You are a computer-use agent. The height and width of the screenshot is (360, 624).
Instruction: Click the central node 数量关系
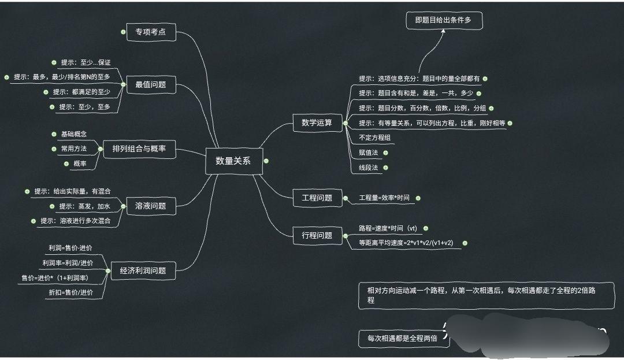tap(233, 161)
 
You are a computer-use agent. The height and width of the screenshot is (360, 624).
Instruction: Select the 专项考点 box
tap(150, 32)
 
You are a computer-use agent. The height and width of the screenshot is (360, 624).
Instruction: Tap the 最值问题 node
tap(150, 84)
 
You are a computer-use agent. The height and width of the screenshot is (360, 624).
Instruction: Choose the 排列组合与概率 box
tap(139, 149)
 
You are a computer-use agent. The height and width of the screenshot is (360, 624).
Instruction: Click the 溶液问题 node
tap(150, 206)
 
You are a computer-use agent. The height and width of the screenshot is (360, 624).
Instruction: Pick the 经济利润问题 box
tap(143, 270)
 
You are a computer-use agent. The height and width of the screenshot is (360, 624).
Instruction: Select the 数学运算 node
tap(317, 123)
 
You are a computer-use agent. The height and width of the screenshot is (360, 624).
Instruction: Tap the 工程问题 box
tap(317, 198)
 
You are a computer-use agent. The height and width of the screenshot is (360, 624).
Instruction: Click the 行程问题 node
tap(317, 235)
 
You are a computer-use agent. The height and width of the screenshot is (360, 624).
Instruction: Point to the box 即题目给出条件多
tap(443, 20)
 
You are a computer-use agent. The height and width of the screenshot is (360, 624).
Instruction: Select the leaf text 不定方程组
tap(375, 138)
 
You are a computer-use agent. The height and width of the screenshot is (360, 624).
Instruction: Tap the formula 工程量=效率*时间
tap(384, 198)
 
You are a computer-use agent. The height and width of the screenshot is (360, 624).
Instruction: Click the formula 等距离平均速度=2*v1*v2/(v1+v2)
tap(406, 243)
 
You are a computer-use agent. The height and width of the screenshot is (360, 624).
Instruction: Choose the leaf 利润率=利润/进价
tap(67, 262)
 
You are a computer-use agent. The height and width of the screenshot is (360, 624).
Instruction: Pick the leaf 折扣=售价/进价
tap(70, 293)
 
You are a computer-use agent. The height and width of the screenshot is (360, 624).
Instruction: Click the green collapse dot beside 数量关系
tap(266, 161)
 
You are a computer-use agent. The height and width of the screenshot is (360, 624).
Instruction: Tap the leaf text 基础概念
tap(74, 134)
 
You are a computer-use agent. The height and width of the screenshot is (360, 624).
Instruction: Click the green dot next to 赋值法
tap(385, 153)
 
